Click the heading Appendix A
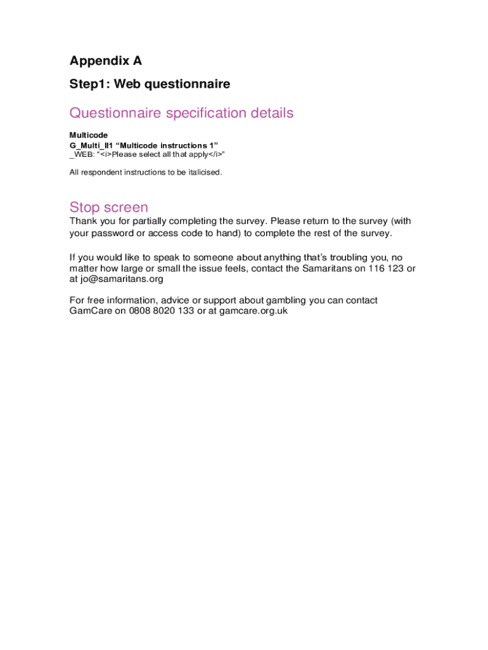pos(106,61)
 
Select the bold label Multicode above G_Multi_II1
pos(89,135)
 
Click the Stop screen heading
pos(109,207)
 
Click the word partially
pos(144,221)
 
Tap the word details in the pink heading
pos(272,113)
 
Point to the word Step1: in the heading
pos(88,84)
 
